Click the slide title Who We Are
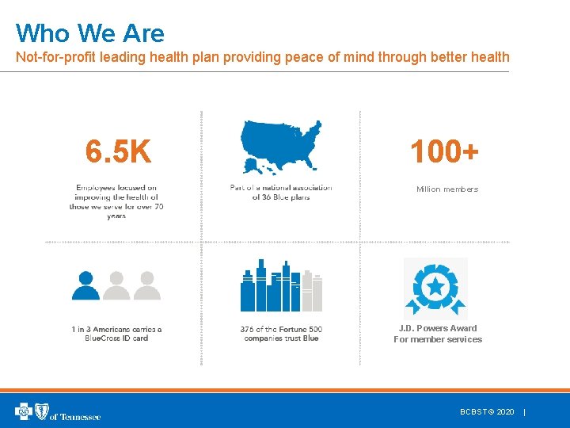90,33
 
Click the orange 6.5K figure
118,151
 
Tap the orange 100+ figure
444,151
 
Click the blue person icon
85,285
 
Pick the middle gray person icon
116,285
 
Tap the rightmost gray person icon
146,285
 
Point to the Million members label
447,189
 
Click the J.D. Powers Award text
438,328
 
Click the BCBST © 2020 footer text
487,412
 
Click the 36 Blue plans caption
281,197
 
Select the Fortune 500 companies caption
281,334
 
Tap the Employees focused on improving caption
116,201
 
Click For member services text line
438,340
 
